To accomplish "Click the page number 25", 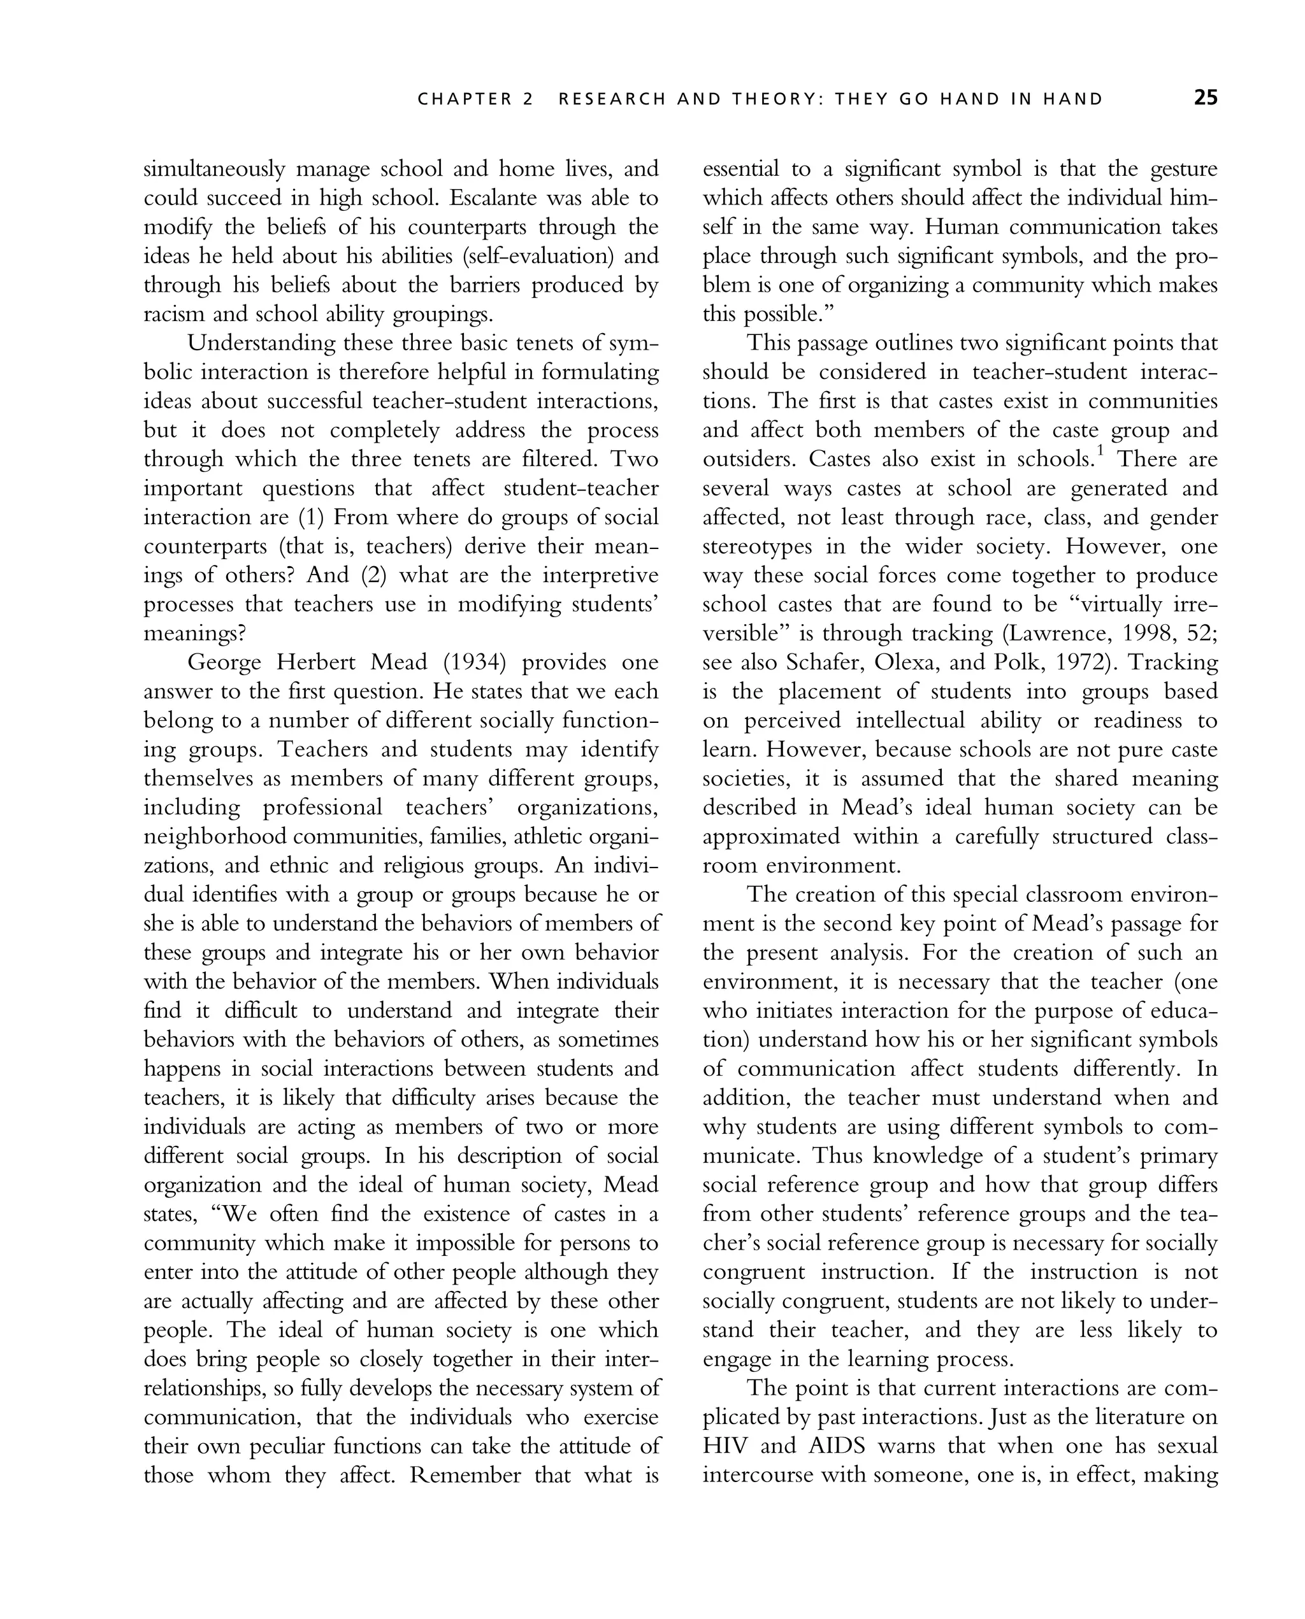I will [1205, 99].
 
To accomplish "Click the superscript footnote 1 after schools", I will [1100, 452].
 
